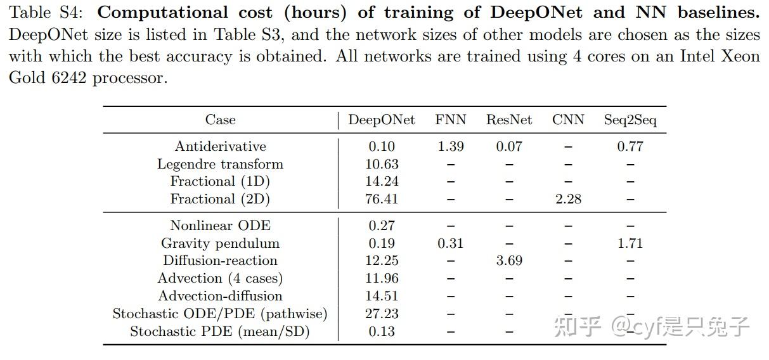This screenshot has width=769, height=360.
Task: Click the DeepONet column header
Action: coord(382,120)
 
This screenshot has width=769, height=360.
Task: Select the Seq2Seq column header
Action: coord(630,120)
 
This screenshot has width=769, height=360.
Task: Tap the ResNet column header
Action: coord(509,120)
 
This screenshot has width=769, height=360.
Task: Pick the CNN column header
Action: coord(568,120)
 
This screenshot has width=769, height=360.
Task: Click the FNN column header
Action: coord(450,120)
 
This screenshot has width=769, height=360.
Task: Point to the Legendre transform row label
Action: coord(220,164)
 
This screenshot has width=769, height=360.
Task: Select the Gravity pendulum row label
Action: coord(220,243)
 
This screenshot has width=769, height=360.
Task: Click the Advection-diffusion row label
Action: coord(220,296)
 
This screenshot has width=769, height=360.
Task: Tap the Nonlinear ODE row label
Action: coord(220,226)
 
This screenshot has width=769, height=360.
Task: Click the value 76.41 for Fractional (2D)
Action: coord(382,199)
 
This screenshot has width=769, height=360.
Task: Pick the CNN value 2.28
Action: coord(568,199)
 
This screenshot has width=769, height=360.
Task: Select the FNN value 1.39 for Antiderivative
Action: coord(450,146)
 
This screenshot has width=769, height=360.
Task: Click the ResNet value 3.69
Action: coord(509,260)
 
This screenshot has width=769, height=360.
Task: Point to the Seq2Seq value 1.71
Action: coord(630,243)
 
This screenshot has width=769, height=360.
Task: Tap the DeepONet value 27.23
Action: coord(382,314)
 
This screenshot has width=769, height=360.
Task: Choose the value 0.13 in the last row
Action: coord(382,331)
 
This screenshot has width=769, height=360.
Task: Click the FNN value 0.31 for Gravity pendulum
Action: coord(450,243)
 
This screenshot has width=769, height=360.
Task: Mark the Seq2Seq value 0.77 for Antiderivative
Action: coord(630,146)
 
